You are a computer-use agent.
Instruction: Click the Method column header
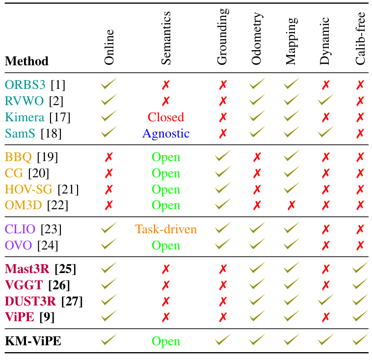tap(27, 61)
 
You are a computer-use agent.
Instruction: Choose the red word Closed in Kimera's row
tap(166, 117)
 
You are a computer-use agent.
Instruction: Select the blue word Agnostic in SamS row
tap(166, 134)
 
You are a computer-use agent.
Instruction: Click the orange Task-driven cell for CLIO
tap(166, 229)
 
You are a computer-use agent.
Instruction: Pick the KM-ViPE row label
tap(33, 341)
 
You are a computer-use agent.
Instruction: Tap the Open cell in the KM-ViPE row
tap(166, 341)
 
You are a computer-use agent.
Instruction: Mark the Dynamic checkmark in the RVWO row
tap(325, 101)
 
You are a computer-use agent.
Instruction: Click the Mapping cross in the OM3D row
tap(291, 205)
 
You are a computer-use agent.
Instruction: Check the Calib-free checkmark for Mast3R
tap(360, 269)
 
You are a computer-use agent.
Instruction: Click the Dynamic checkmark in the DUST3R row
tap(325, 301)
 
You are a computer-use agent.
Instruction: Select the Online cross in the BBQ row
tap(109, 158)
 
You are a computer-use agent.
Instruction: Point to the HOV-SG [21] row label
tap(42, 190)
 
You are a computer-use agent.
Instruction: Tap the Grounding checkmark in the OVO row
tap(223, 245)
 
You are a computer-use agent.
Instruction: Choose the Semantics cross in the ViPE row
tap(166, 317)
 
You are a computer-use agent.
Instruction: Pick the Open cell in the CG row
tap(166, 173)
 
